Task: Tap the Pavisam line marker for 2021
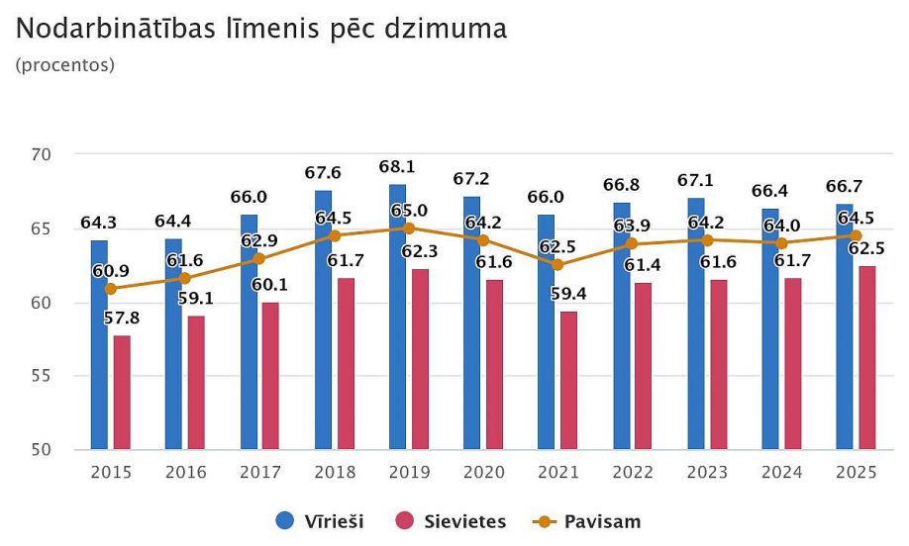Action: click(x=557, y=265)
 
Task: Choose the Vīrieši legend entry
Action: click(x=320, y=521)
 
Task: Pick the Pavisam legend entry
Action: click(x=586, y=521)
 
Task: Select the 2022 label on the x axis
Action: click(x=633, y=473)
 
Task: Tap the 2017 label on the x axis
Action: click(x=260, y=473)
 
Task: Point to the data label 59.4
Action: click(x=568, y=294)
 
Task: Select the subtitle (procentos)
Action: click(x=65, y=66)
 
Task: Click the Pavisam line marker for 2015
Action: click(x=110, y=289)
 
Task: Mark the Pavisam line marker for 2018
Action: click(x=335, y=235)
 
